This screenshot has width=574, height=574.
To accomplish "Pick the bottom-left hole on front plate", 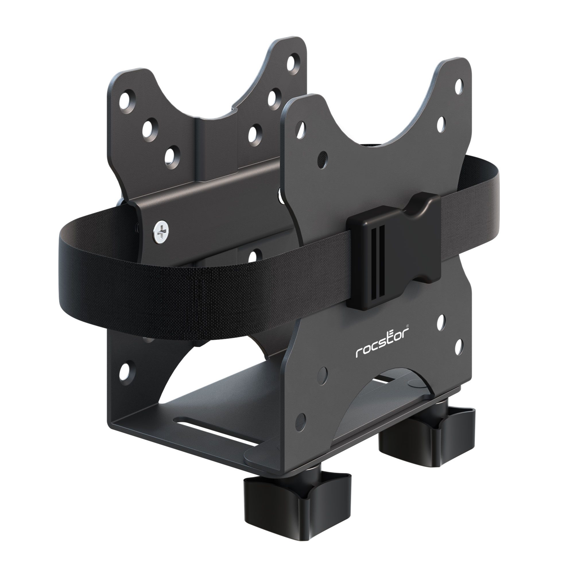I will pyautogui.click(x=301, y=419).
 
